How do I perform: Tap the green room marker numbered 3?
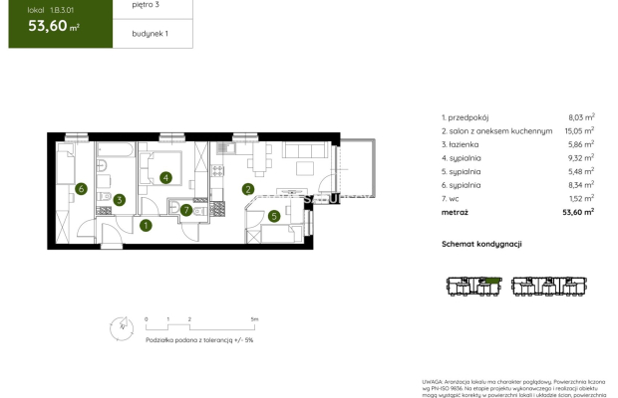[x=119, y=200]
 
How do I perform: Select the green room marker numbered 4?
[x=165, y=178]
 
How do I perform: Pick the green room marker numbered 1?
[x=146, y=225]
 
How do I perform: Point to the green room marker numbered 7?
[x=186, y=210]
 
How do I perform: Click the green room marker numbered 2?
[x=248, y=189]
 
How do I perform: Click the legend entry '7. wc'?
[x=450, y=198]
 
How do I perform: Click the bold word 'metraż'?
[x=455, y=212]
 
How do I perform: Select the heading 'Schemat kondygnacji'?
[x=481, y=245]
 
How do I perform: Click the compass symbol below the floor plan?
[x=121, y=324]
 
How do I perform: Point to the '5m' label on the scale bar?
[x=254, y=319]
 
